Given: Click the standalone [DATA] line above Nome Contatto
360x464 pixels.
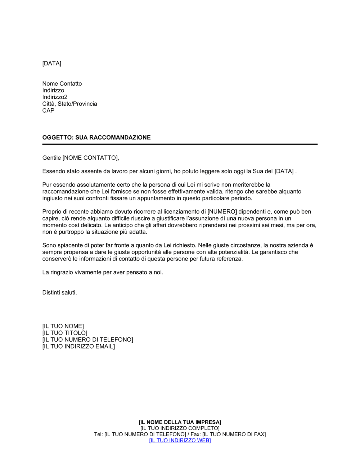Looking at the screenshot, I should [52, 64].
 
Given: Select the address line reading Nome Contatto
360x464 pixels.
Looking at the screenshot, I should [62, 84].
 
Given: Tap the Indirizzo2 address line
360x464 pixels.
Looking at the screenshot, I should [55, 97].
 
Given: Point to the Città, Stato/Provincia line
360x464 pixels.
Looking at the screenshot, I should [69, 104].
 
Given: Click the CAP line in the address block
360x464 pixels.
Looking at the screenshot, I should [48, 111].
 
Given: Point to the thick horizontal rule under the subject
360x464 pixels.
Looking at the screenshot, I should [180, 144].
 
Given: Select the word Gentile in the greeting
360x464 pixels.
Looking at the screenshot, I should [51, 158].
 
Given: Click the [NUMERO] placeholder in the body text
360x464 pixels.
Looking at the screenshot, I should [222, 212].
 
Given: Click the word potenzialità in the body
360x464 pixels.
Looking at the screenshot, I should [231, 252].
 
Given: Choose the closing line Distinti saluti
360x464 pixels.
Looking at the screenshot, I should [59, 293].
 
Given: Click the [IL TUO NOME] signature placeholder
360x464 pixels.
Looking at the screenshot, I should [63, 326].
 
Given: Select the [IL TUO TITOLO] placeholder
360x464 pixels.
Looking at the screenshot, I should [65, 333].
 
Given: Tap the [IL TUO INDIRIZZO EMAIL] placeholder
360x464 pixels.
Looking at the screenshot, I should [78, 347].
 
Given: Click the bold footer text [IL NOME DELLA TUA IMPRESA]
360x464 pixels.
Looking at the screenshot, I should [180, 422].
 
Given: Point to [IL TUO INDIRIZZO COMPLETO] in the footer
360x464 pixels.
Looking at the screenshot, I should [180, 428].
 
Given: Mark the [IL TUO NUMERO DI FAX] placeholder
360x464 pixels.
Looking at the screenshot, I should [234, 435].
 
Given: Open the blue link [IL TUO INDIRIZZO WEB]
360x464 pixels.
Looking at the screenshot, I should [180, 441].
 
